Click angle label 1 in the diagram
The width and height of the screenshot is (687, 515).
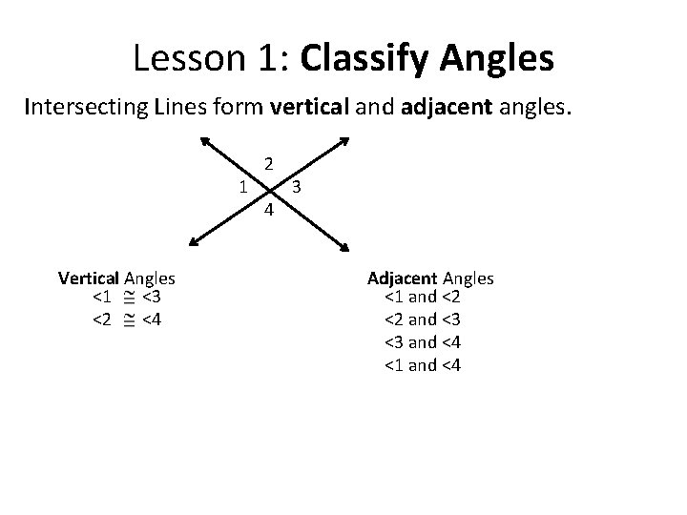tap(243, 185)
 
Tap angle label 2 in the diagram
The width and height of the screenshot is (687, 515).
tap(269, 163)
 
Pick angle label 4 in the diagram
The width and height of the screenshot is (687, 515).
tap(269, 210)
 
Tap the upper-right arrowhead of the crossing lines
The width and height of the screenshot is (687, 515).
tap(343, 140)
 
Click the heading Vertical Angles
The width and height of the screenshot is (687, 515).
tap(116, 278)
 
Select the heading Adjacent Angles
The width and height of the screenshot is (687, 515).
tap(430, 278)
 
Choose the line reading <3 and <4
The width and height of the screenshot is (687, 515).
tap(422, 342)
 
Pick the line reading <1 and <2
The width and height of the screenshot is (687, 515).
tap(422, 299)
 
